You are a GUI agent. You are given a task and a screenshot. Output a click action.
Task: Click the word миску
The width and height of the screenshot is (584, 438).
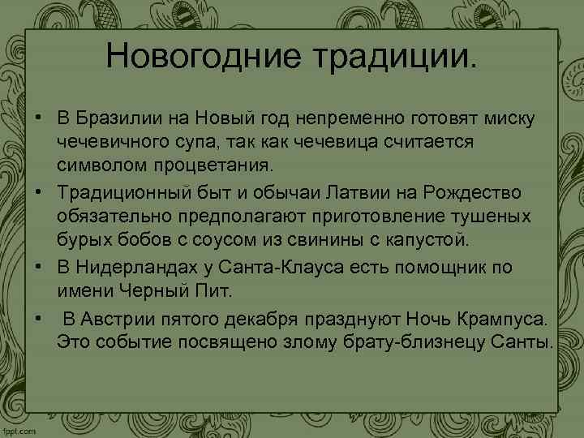coord(508,119)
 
